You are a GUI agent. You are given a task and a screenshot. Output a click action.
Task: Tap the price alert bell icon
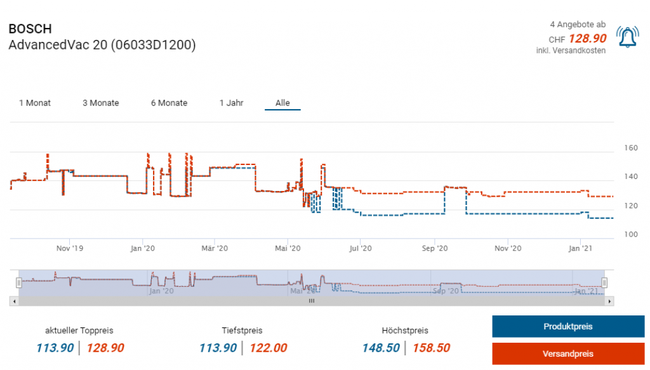628,37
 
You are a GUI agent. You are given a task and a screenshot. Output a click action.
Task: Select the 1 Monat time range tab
35,103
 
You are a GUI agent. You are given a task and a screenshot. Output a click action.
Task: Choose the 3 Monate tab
100,103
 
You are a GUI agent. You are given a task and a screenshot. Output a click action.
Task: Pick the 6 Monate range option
169,103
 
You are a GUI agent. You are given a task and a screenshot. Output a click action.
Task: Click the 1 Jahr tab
231,103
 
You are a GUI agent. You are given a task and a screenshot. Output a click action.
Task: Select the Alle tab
282,103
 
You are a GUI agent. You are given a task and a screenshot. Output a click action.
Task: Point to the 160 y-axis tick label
630,148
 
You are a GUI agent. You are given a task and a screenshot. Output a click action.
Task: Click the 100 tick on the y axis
630,235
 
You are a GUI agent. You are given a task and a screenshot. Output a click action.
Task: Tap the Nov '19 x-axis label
70,248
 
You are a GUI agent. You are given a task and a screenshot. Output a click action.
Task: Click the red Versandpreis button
568,353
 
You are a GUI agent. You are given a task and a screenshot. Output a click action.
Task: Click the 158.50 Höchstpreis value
431,348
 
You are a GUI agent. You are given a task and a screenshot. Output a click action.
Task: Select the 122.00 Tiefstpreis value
268,348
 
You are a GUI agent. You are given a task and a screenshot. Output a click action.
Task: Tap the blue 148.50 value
381,348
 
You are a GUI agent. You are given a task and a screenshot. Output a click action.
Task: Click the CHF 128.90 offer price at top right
587,38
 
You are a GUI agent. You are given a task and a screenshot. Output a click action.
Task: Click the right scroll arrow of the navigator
610,301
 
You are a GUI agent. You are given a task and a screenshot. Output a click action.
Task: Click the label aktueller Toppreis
79,331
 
